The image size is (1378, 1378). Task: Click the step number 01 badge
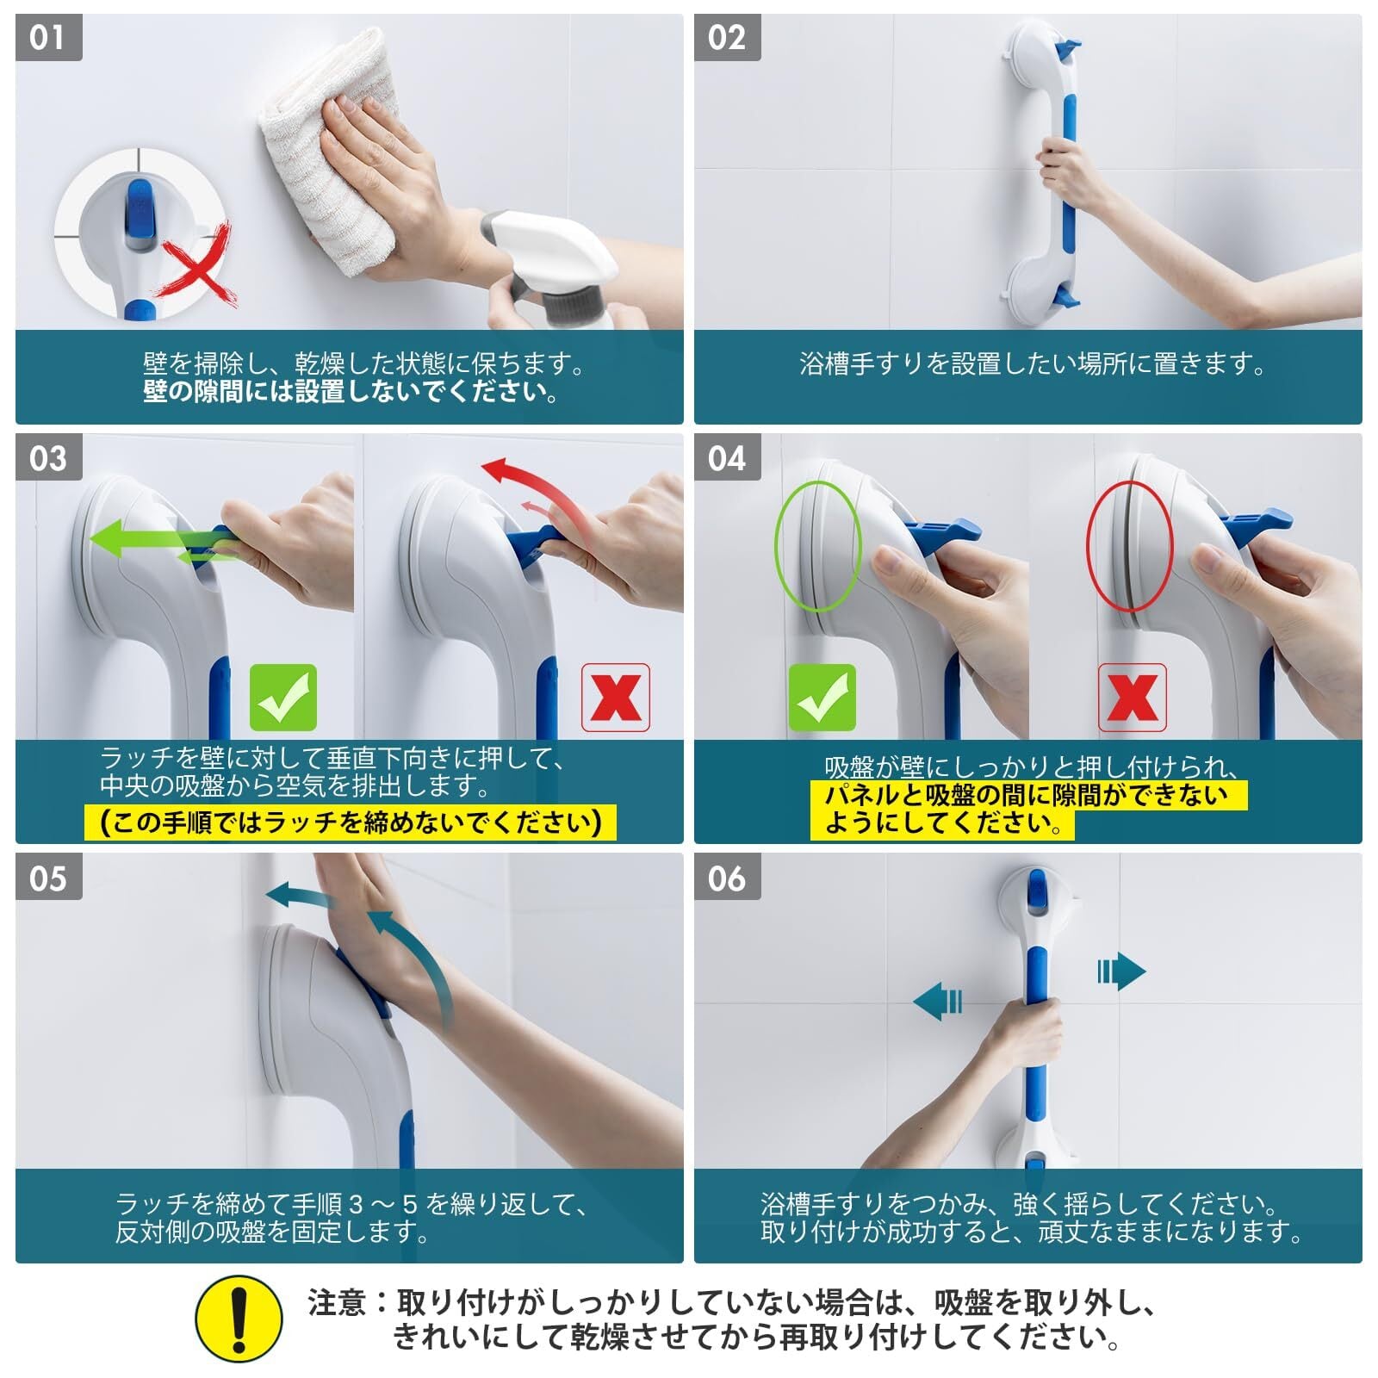point(48,38)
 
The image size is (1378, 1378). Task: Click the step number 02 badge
point(727,38)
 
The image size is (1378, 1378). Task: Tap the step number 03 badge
point(48,457)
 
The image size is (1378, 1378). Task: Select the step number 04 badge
point(727,457)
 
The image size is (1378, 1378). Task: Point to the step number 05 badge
point(48,878)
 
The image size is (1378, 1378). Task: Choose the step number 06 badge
point(727,878)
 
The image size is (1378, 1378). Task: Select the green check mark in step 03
point(283,698)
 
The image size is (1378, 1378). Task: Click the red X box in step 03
point(616,698)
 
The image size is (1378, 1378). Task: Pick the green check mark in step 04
point(822,698)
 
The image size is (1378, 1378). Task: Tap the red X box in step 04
point(1133,698)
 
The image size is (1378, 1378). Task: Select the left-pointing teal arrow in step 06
point(938,1002)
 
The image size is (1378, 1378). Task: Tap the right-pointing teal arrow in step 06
point(1121,972)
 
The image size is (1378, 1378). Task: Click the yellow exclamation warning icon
point(239,1319)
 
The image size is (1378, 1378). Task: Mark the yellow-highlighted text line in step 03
point(351,822)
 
